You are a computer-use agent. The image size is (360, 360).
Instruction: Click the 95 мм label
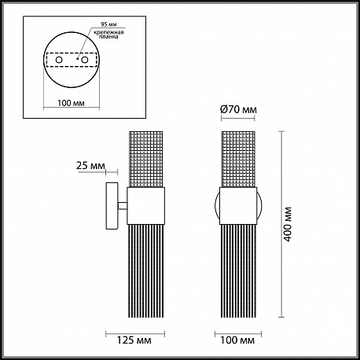coord(108,24)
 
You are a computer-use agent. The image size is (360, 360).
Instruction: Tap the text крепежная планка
coord(108,35)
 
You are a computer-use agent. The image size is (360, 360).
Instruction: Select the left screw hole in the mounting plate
coord(59,60)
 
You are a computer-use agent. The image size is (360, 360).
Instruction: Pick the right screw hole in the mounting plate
coord(84,60)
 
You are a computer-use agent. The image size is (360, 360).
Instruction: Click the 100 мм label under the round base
coord(71,103)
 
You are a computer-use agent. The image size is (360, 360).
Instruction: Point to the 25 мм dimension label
coord(90,166)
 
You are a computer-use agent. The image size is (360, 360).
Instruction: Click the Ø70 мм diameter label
coord(238,110)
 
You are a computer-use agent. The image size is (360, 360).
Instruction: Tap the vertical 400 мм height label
coord(288,224)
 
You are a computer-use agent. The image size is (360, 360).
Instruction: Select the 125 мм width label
coord(134,340)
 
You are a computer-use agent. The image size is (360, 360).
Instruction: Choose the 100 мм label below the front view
coord(237,340)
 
